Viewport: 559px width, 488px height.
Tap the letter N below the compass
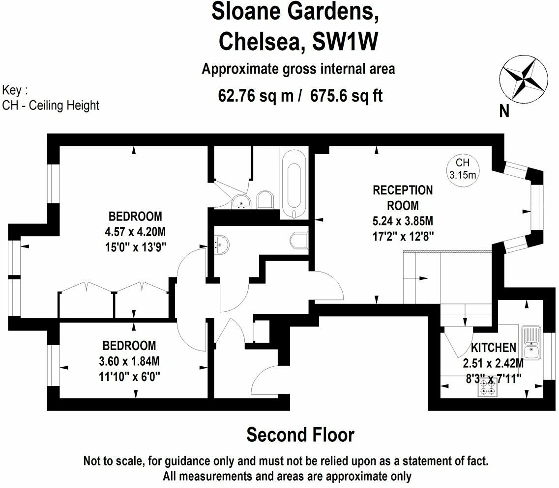tap(504, 112)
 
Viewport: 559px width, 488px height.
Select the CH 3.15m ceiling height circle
tap(463, 168)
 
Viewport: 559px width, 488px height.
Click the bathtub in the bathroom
tap(294, 184)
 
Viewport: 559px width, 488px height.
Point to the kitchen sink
tap(531, 343)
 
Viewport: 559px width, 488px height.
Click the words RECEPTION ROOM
tap(396, 197)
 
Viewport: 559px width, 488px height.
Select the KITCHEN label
tap(493, 348)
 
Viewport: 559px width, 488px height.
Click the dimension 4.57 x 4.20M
tap(135, 231)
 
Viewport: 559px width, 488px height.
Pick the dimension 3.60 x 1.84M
tap(129, 362)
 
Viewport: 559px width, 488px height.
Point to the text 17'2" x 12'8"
tap(403, 236)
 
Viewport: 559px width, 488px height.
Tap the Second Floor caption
tap(300, 435)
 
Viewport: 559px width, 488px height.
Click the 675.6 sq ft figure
tap(346, 95)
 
